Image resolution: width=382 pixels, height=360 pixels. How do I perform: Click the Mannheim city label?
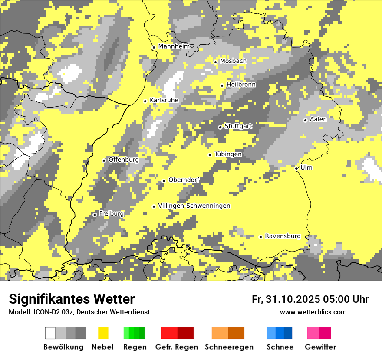point(174,46)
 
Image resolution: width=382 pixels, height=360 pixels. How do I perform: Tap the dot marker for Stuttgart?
point(220,127)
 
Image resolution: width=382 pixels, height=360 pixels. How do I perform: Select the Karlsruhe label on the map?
point(164,100)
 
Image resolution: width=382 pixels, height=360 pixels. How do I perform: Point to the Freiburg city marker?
point(95,215)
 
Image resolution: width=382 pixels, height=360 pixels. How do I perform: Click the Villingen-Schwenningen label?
point(194,206)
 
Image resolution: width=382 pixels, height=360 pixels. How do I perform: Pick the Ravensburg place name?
point(283,236)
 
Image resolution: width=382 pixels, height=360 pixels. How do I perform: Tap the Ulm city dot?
point(296,168)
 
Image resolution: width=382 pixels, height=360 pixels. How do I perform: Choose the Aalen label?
point(318,119)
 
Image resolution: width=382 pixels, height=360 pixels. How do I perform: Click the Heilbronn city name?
point(241,85)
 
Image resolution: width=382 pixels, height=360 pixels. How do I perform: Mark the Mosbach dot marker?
point(215,62)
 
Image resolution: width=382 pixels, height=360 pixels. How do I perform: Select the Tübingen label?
point(228,154)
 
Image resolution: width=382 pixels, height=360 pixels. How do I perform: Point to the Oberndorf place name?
point(184,180)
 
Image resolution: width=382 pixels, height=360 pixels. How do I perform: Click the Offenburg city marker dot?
point(104,160)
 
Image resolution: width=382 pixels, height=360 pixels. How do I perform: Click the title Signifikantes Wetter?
point(72,299)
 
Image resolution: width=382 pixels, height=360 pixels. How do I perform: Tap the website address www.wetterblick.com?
point(313,312)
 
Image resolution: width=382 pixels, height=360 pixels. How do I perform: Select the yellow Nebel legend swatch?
point(103,333)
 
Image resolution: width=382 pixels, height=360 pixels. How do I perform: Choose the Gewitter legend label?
point(320,347)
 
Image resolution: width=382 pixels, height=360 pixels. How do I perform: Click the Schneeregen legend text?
point(229,347)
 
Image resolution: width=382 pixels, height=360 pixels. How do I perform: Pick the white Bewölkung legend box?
point(50,333)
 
